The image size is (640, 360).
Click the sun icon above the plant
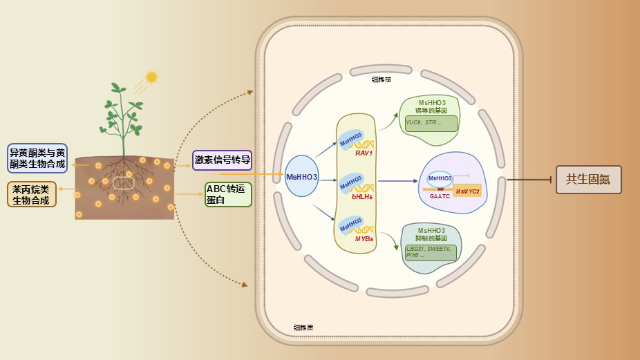[151, 77]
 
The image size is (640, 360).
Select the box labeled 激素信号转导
[222, 160]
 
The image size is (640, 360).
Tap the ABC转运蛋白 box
[228, 194]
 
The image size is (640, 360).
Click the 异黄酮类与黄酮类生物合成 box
[37, 158]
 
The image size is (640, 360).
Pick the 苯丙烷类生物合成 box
[31, 194]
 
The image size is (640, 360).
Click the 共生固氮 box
[588, 180]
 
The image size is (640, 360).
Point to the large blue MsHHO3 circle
[302, 177]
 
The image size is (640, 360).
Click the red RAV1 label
[364, 153]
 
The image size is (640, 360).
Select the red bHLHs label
[362, 196]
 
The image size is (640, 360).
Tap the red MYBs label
[364, 238]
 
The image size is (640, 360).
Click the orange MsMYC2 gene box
[467, 191]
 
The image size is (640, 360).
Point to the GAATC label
[440, 196]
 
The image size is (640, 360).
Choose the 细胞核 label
[382, 80]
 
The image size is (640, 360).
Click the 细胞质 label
[303, 327]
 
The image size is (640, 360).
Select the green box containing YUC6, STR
[431, 123]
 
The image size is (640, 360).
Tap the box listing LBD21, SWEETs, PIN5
[431, 252]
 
